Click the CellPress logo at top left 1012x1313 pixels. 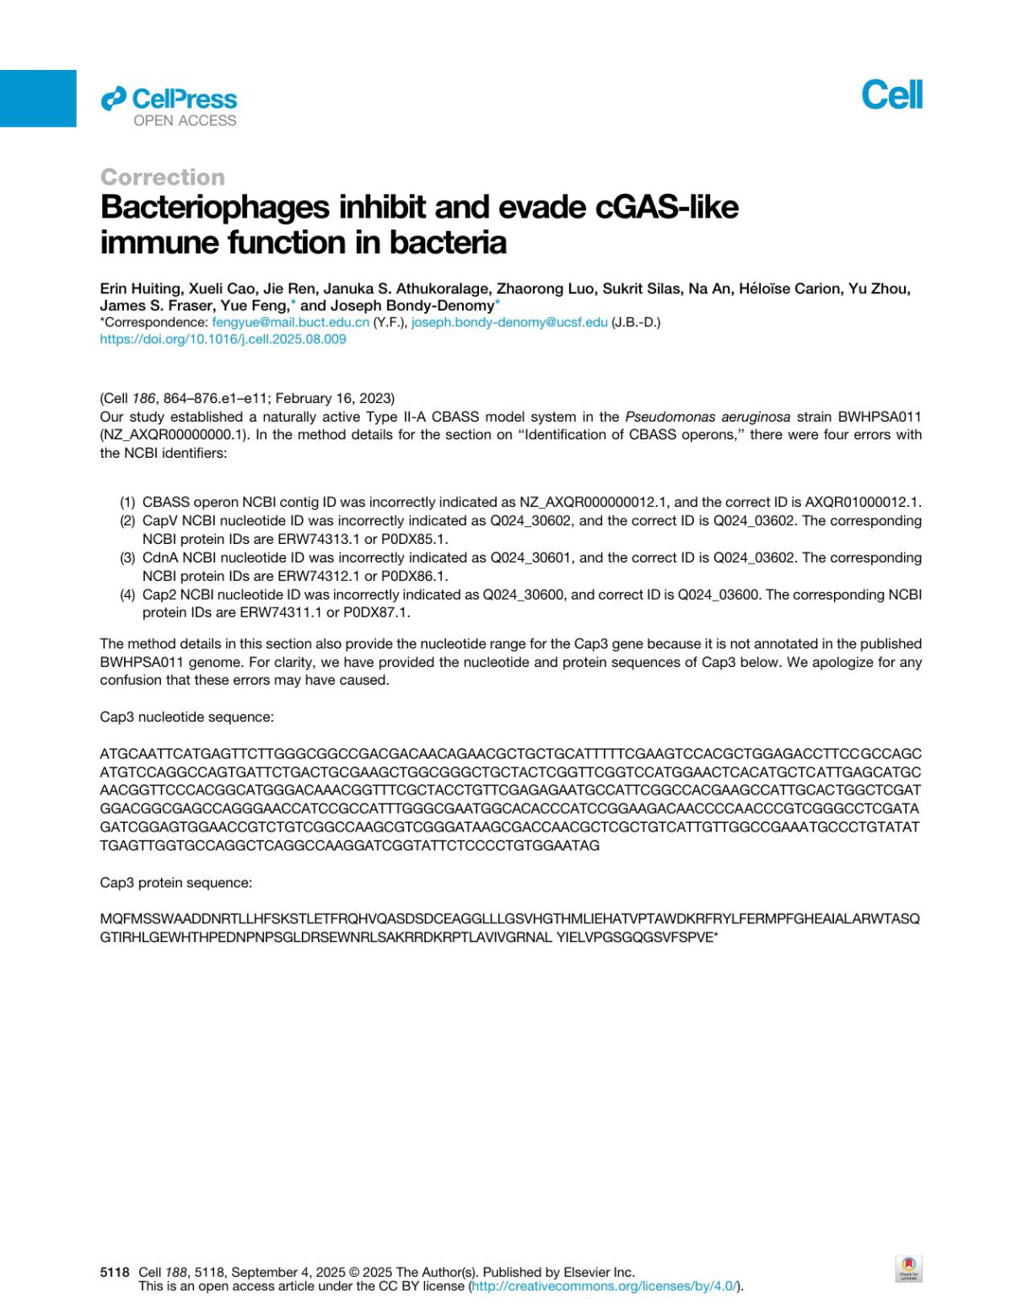pos(169,106)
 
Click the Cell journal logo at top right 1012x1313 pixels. pos(891,94)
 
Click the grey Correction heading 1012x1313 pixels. pos(163,177)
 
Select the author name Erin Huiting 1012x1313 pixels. pos(137,288)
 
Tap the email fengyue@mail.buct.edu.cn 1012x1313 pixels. pos(290,322)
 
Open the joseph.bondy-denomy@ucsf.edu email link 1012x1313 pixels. pos(509,322)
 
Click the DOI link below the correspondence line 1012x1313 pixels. pos(223,339)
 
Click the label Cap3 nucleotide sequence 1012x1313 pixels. pos(186,717)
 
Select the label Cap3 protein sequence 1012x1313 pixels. pos(175,882)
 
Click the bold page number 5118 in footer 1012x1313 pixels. pos(115,1272)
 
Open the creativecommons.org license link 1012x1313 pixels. pos(605,1286)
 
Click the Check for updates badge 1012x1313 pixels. pos(908,1268)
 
